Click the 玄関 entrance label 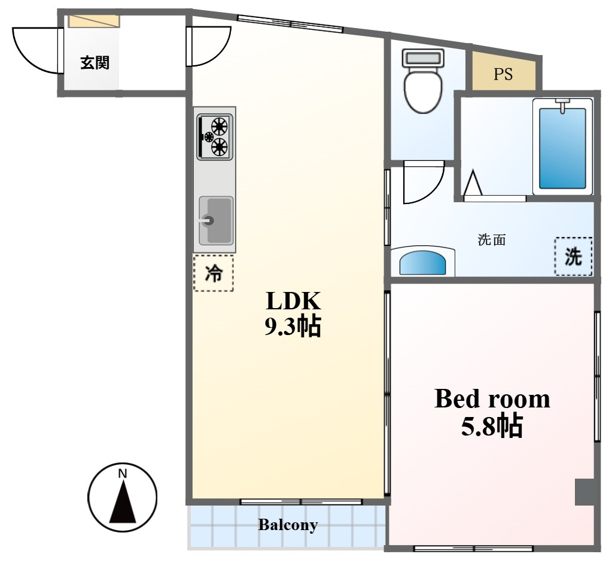95,62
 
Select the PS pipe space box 504,72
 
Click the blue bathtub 562,148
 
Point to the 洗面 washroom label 492,239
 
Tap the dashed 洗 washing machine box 573,256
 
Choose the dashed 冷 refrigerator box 214,273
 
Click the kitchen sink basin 216,221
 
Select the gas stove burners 215,136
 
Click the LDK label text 294,301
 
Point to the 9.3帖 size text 293,327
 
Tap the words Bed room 492,398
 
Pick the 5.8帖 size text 492,425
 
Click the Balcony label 288,525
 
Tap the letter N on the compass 123,474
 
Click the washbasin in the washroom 423,261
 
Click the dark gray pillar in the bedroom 584,492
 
